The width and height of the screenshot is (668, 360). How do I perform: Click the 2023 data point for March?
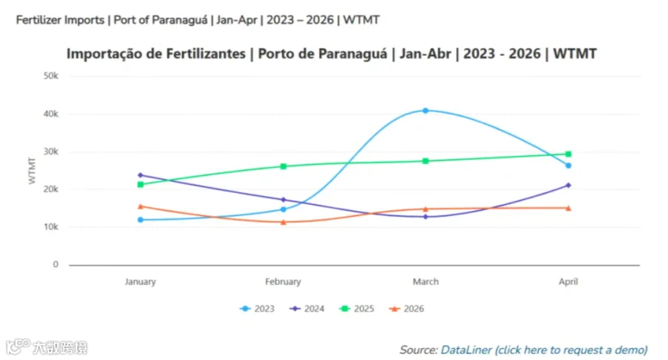pos(425,111)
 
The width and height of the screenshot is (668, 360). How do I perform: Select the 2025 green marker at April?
pos(569,154)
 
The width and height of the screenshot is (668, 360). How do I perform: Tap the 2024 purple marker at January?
pos(140,175)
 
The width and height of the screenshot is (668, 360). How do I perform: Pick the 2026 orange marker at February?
pos(284,222)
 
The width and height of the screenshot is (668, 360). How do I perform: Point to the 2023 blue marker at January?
pos(140,220)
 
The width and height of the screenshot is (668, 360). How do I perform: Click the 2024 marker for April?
pos(569,186)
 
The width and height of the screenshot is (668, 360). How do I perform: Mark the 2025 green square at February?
pos(284,166)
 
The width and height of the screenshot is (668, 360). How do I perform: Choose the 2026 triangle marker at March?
pos(425,209)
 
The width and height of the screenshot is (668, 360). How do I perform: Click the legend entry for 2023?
pos(257,309)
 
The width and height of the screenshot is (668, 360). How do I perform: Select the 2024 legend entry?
pos(307,309)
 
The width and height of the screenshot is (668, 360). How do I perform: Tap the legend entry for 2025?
pos(356,309)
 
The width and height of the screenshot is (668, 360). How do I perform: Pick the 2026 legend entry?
pos(407,309)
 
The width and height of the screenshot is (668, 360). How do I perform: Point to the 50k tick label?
pos(50,76)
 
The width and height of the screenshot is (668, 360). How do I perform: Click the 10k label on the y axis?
pos(50,227)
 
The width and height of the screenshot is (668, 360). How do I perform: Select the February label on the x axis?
pos(283,281)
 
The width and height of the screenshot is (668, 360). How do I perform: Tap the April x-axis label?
pos(569,281)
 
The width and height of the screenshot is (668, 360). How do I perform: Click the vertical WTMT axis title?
pos(32,171)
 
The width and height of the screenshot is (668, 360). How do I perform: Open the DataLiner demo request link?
pos(544,350)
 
